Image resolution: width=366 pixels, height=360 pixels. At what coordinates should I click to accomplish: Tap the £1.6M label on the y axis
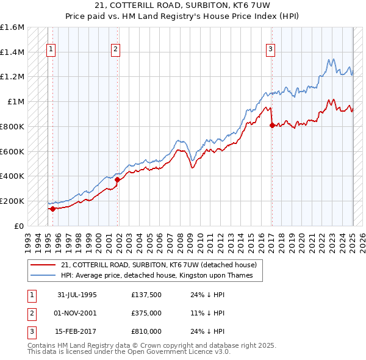click(12, 27)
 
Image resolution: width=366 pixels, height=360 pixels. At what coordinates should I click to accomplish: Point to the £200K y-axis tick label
click(12, 201)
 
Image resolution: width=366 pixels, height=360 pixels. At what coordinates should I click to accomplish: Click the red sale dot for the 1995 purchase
click(52, 209)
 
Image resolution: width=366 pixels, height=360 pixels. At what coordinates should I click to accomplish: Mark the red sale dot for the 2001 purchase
click(118, 179)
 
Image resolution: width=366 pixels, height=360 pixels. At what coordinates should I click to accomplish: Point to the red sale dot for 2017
click(272, 125)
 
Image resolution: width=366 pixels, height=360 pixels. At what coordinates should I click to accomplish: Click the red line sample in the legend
click(44, 265)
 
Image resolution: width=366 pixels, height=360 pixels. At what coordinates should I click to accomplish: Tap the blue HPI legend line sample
click(44, 275)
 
